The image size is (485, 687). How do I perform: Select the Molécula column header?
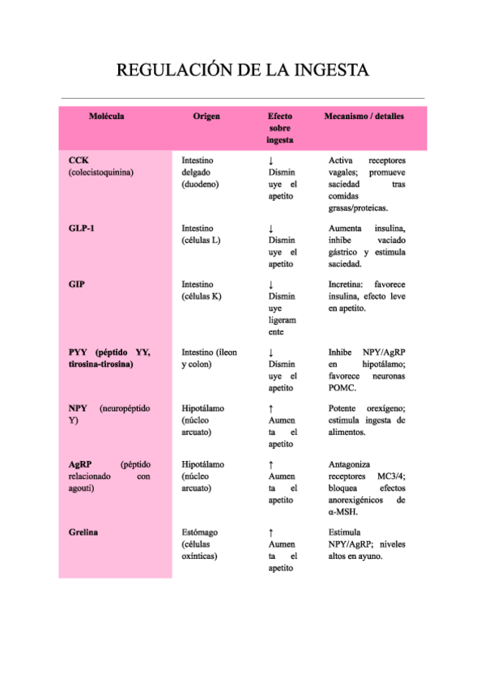[x=106, y=117]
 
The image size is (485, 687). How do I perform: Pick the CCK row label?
[x=79, y=160]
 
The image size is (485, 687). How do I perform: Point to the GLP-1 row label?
[x=82, y=228]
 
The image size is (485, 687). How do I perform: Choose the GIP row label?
[x=77, y=285]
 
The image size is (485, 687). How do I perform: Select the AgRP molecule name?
[x=80, y=465]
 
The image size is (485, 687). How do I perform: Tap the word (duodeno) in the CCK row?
[x=201, y=184]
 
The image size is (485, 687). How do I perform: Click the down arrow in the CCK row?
[x=270, y=161]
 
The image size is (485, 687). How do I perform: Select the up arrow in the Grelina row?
[x=270, y=533]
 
